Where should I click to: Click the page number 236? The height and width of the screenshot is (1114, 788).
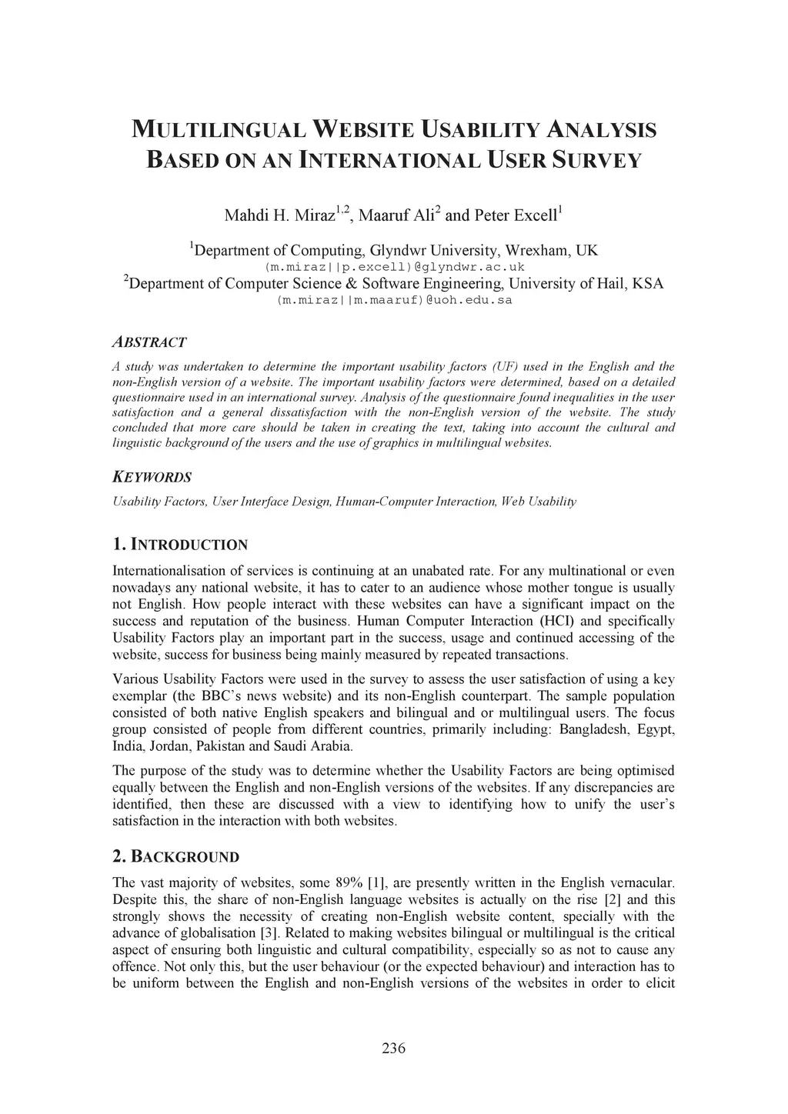click(393, 1048)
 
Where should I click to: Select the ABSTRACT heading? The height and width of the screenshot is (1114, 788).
click(149, 342)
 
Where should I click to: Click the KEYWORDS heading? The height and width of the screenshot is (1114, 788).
click(152, 477)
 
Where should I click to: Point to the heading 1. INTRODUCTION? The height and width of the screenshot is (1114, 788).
click(180, 545)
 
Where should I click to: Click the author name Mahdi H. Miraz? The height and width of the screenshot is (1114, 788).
click(280, 215)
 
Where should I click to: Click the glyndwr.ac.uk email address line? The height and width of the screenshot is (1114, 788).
click(394, 267)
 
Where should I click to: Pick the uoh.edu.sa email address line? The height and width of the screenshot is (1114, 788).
click(394, 300)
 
